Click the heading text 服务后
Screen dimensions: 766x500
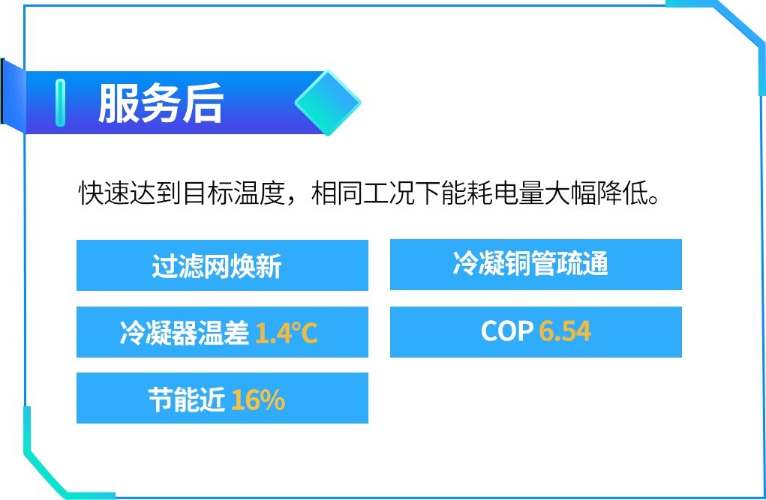161,103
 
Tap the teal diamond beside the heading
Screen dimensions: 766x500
328,103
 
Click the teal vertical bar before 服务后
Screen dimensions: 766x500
61,103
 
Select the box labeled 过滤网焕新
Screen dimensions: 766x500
222,265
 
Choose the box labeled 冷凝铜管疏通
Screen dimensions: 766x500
536,265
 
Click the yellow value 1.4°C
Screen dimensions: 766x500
287,333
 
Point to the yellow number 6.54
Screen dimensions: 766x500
565,331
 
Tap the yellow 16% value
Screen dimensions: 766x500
258,400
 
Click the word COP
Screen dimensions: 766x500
507,331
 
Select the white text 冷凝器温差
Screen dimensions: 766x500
185,333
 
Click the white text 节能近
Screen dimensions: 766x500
187,400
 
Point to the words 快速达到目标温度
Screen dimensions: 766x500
182,193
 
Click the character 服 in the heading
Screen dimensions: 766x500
119,103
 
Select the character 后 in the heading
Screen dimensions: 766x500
203,103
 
